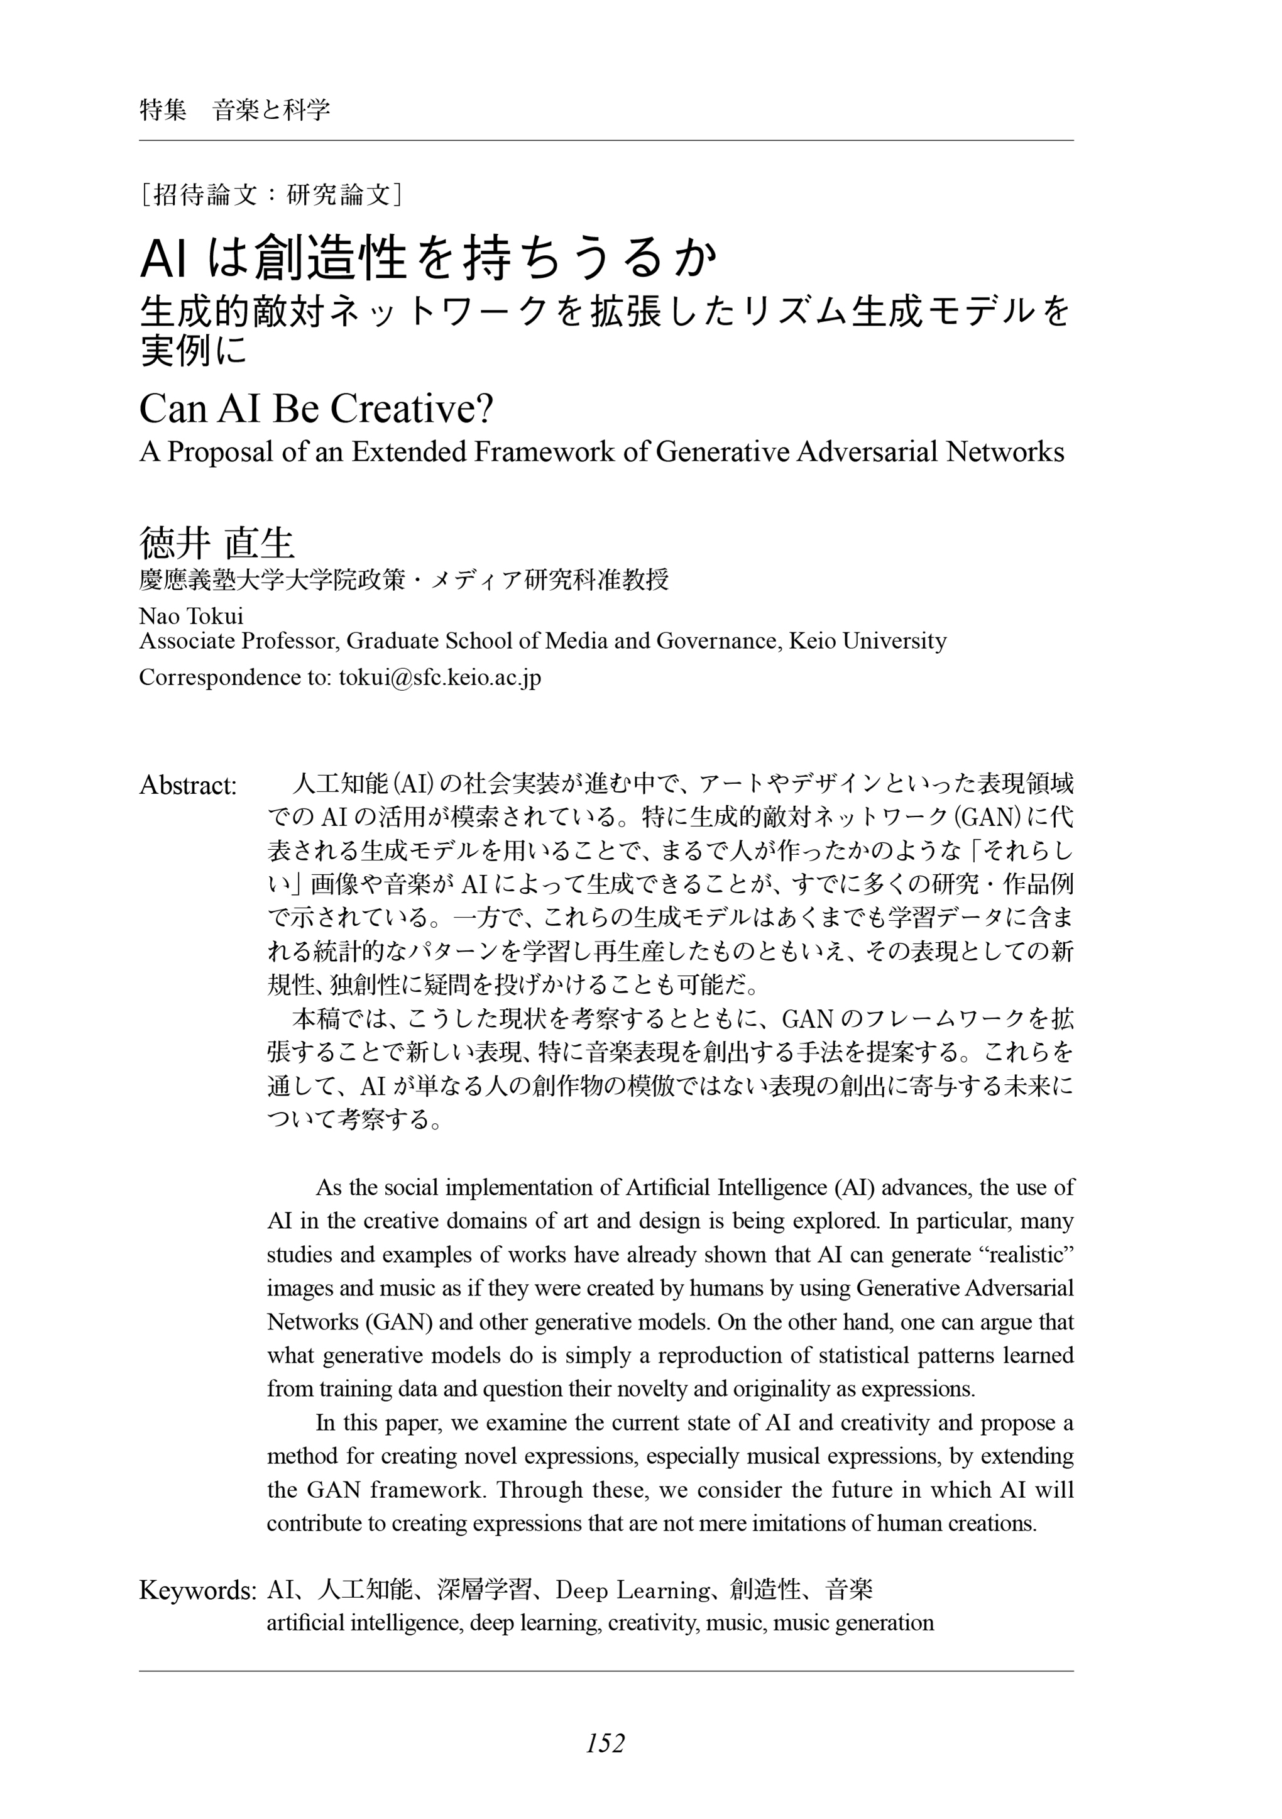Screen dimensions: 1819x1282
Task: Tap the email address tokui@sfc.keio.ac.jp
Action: pyautogui.click(x=440, y=678)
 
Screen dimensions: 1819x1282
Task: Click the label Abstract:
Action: pyautogui.click(x=188, y=785)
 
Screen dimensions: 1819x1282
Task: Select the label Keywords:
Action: pyautogui.click(x=197, y=1590)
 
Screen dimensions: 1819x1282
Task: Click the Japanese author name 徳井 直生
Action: pyautogui.click(x=216, y=544)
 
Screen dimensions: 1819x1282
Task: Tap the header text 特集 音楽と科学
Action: pyautogui.click(x=234, y=110)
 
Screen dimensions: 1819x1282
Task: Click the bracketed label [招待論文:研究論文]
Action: pyautogui.click(x=270, y=194)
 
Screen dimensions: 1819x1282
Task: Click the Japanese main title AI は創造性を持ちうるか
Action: pyautogui.click(x=429, y=258)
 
